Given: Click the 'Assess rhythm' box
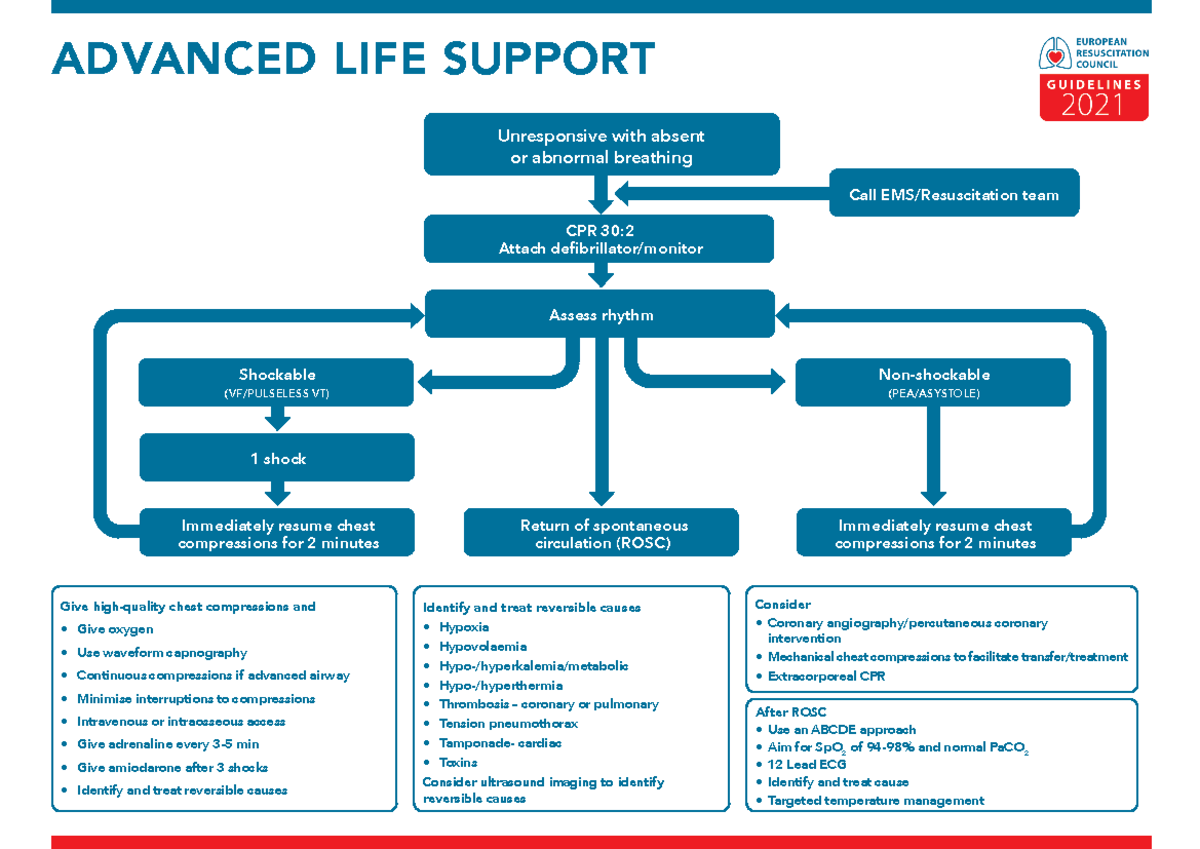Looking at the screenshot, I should coord(600,315).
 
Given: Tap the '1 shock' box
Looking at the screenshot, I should coord(277,458).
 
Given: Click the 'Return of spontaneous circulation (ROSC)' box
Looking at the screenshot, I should coord(602,533).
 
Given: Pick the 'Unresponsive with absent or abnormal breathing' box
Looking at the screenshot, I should coord(601,147).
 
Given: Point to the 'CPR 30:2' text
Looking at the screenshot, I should coord(600,230).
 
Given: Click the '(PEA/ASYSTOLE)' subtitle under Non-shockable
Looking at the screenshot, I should coord(933,394).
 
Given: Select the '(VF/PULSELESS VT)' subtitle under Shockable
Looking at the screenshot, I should coord(276,394).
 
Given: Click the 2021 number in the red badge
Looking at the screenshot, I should coord(1092,105).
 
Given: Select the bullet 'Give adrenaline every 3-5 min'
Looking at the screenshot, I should coord(168,744).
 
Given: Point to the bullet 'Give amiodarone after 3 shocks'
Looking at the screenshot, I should coord(172,767).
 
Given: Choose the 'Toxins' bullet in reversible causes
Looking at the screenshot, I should coord(458,762).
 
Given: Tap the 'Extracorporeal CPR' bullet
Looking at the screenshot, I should coord(826,676).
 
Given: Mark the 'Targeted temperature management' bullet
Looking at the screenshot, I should coord(875,800).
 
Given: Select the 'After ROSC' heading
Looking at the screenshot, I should coord(790,711).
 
